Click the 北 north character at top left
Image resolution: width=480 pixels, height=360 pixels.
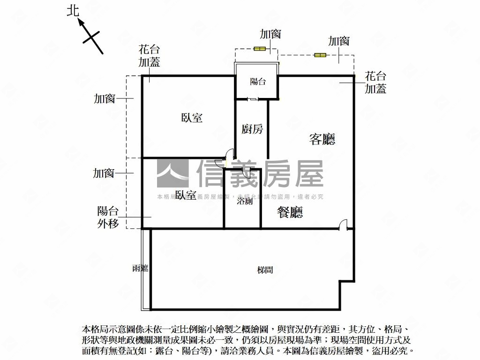tap(73, 11)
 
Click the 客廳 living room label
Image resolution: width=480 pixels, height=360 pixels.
tap(322, 139)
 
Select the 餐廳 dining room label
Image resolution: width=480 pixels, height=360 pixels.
tap(290, 212)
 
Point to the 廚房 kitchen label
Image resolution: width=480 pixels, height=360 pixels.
tap(252, 129)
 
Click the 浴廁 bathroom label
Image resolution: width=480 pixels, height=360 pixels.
tap(244, 201)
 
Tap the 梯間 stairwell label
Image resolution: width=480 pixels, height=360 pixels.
tap(265, 270)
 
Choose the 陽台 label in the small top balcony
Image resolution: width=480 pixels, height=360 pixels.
tap(258, 82)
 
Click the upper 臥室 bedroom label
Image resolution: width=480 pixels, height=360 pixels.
tap(192, 118)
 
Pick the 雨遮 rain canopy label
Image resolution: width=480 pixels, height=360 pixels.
tap(140, 268)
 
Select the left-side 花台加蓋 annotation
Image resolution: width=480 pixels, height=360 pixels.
tap(149, 55)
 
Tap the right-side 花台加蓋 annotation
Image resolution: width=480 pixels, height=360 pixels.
tap(375, 82)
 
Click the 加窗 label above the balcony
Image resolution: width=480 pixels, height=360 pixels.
tap(270, 34)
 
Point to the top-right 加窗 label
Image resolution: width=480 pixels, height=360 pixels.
tap(338, 41)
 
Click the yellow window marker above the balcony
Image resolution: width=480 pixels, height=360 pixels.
tap(259, 48)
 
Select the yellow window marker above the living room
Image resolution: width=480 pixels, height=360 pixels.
tap(320, 55)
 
